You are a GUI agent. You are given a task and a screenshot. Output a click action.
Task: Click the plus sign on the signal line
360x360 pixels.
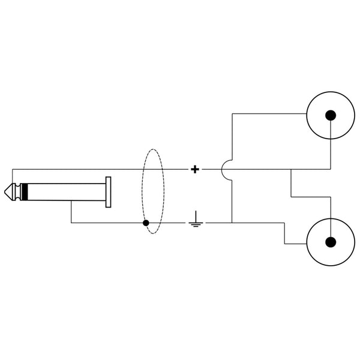(194, 169)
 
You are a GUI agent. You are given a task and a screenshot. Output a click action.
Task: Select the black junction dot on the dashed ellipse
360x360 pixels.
(146, 223)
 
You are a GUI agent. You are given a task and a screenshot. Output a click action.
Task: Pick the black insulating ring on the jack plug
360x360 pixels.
(26, 193)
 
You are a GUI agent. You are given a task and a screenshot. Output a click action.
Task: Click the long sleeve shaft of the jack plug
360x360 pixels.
(66, 193)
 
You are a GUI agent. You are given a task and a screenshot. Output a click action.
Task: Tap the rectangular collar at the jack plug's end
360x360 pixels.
(108, 193)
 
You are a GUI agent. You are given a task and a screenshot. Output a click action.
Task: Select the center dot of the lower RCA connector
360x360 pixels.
(330, 242)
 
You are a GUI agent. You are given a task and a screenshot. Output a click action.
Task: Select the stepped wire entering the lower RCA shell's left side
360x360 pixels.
(285, 234)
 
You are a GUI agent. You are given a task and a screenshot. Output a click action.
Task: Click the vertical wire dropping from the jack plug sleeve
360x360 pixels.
(71, 213)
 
